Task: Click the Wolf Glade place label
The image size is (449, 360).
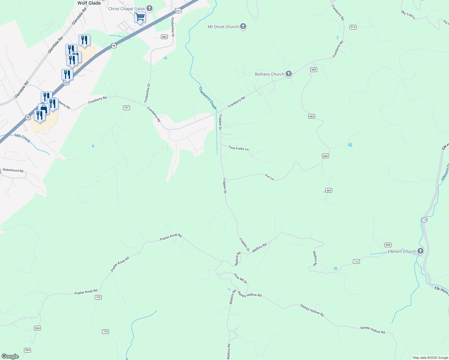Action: [x=89, y=3]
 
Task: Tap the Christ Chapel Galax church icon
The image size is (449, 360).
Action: [x=149, y=9]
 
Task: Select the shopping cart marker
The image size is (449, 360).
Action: [x=140, y=17]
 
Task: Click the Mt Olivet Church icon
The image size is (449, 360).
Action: [x=243, y=27]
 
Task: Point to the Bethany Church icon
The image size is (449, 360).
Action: [x=289, y=74]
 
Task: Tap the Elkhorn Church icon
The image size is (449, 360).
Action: [x=420, y=251]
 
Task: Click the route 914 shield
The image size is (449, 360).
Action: [x=353, y=27]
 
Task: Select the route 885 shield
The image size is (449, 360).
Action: [x=164, y=37]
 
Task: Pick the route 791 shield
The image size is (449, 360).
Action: [x=126, y=108]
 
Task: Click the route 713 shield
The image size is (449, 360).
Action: [x=424, y=220]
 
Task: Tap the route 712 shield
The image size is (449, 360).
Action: [x=356, y=262]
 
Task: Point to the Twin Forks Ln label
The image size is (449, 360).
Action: [x=239, y=148]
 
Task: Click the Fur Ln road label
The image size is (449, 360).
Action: [x=270, y=177]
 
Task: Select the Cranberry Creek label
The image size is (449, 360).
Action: [x=208, y=98]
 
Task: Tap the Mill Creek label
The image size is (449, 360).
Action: [x=23, y=138]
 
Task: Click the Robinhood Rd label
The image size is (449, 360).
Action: [x=13, y=170]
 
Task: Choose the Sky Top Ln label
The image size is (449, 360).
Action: [x=408, y=15]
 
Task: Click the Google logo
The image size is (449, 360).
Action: [x=10, y=356]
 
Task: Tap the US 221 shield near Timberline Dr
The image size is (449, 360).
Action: [x=178, y=11]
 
